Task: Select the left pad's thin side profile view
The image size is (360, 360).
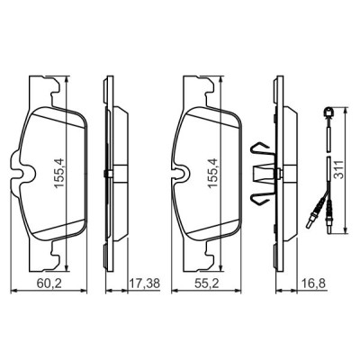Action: coord(107,171)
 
